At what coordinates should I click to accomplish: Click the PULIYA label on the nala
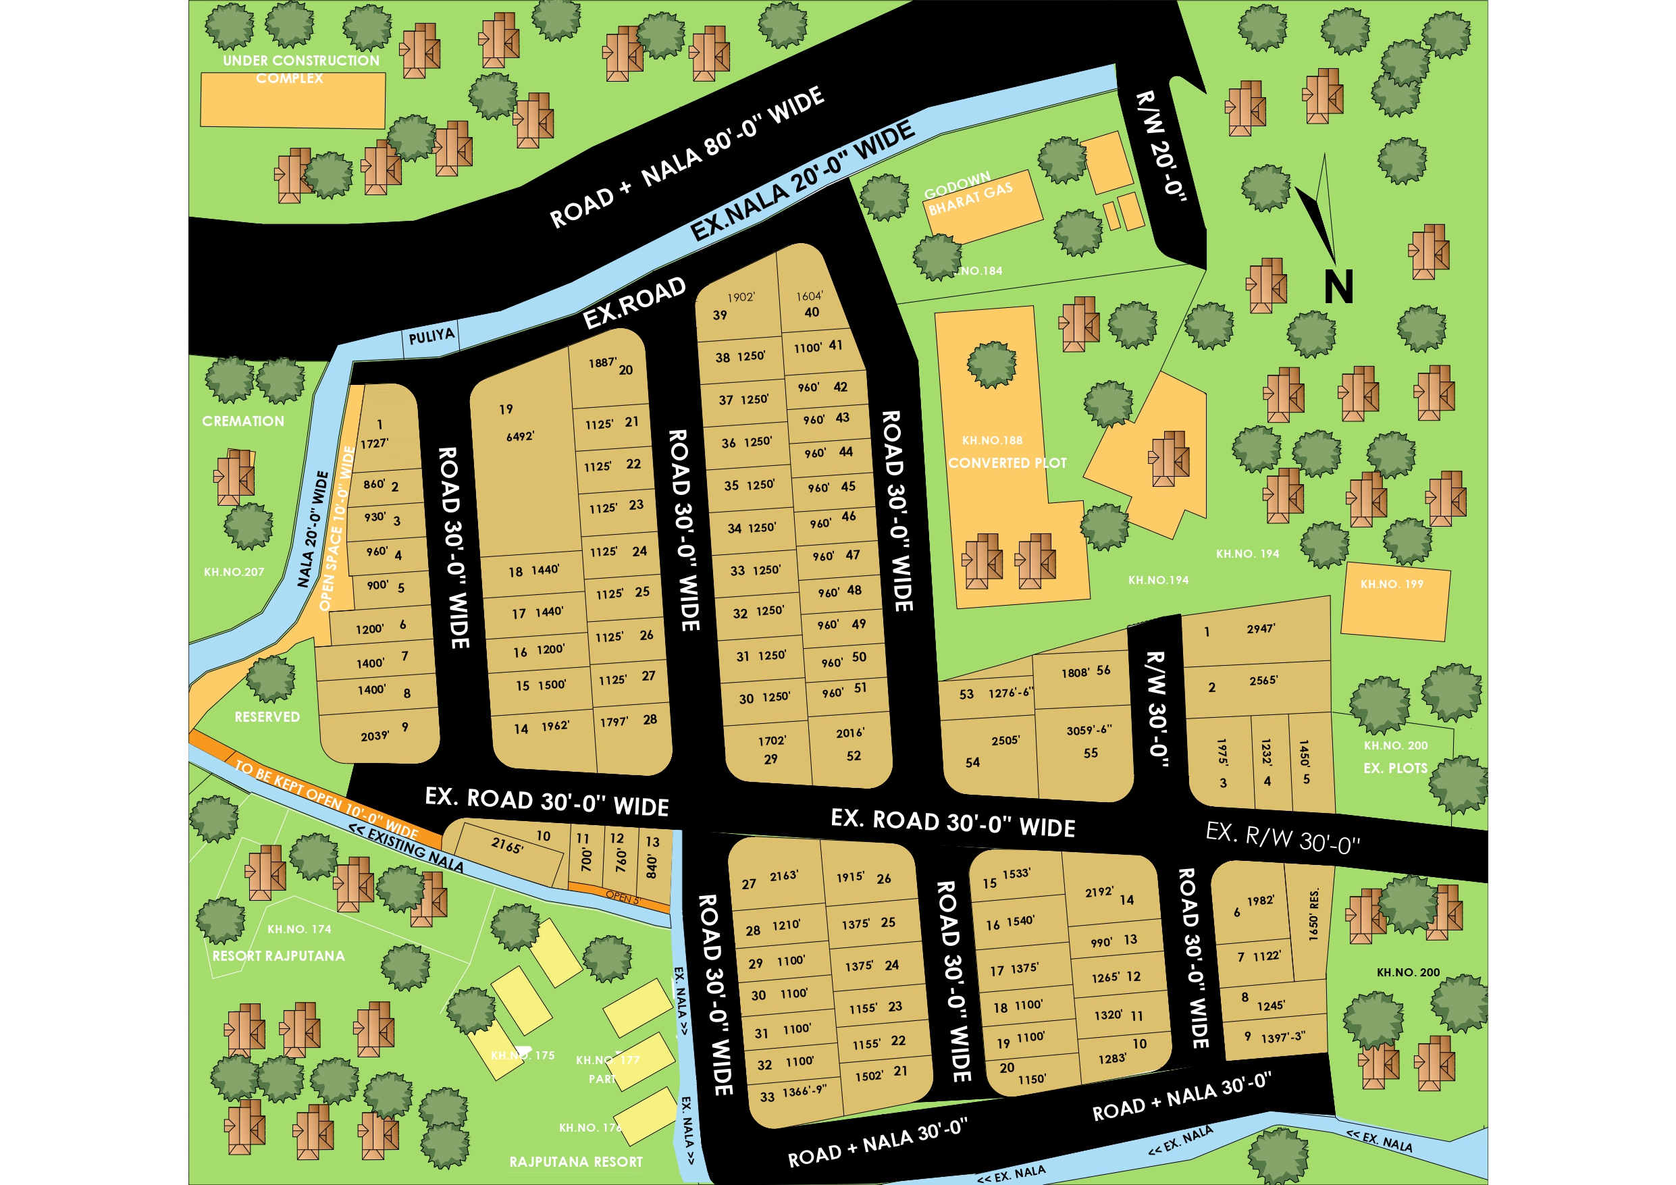click(x=431, y=336)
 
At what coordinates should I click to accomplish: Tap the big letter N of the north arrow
click(x=1338, y=287)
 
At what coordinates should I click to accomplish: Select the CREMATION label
click(x=243, y=421)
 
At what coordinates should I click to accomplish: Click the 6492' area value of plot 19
click(x=520, y=437)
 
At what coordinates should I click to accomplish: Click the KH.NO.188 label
click(x=992, y=440)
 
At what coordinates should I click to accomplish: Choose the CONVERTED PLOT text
click(x=1007, y=463)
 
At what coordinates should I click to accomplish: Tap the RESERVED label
click(x=267, y=717)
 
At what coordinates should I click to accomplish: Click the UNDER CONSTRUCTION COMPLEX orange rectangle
click(x=292, y=101)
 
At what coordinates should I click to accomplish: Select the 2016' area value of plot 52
click(x=849, y=733)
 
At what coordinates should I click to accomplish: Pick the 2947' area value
click(x=1261, y=629)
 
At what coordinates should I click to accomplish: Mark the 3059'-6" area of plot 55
click(x=1089, y=730)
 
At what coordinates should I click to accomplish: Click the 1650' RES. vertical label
click(x=1314, y=915)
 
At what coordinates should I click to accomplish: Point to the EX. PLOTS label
click(x=1395, y=768)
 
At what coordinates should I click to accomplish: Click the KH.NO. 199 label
click(x=1391, y=584)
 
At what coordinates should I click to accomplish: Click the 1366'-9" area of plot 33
click(x=804, y=1091)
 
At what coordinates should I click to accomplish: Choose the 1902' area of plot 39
click(x=741, y=297)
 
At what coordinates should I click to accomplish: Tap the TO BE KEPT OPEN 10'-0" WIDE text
click(x=326, y=798)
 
